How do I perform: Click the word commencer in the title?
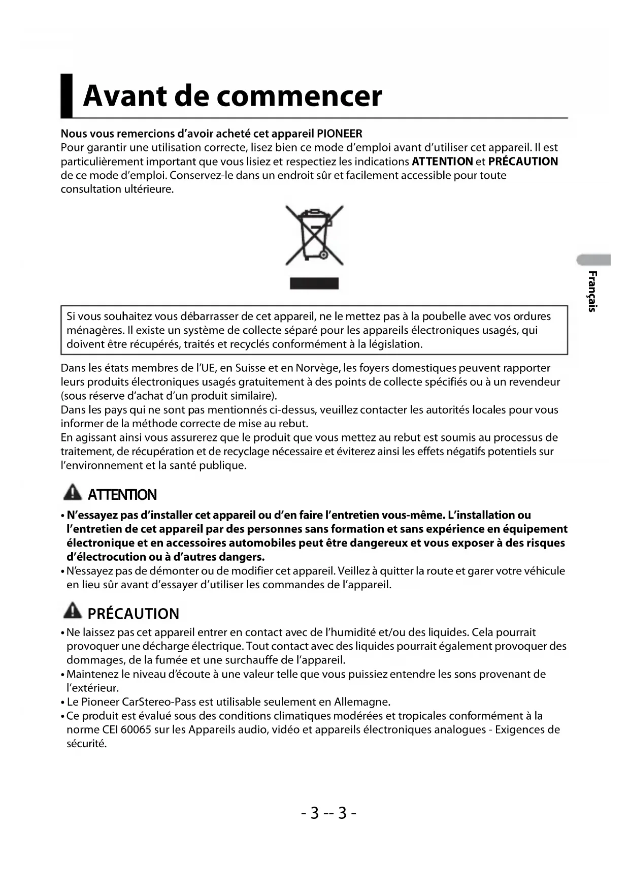(300, 97)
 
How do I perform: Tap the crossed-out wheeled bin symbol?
(314, 235)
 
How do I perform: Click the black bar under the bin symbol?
(314, 283)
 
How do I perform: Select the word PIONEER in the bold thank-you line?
(340, 134)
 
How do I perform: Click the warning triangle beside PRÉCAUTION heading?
(73, 611)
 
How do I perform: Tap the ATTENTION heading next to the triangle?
(122, 495)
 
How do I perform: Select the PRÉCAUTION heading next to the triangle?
(134, 614)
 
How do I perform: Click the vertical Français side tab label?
(592, 291)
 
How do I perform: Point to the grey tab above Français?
(594, 260)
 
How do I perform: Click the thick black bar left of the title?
(67, 96)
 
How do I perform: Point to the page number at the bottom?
(328, 813)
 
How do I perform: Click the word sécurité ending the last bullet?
(86, 744)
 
